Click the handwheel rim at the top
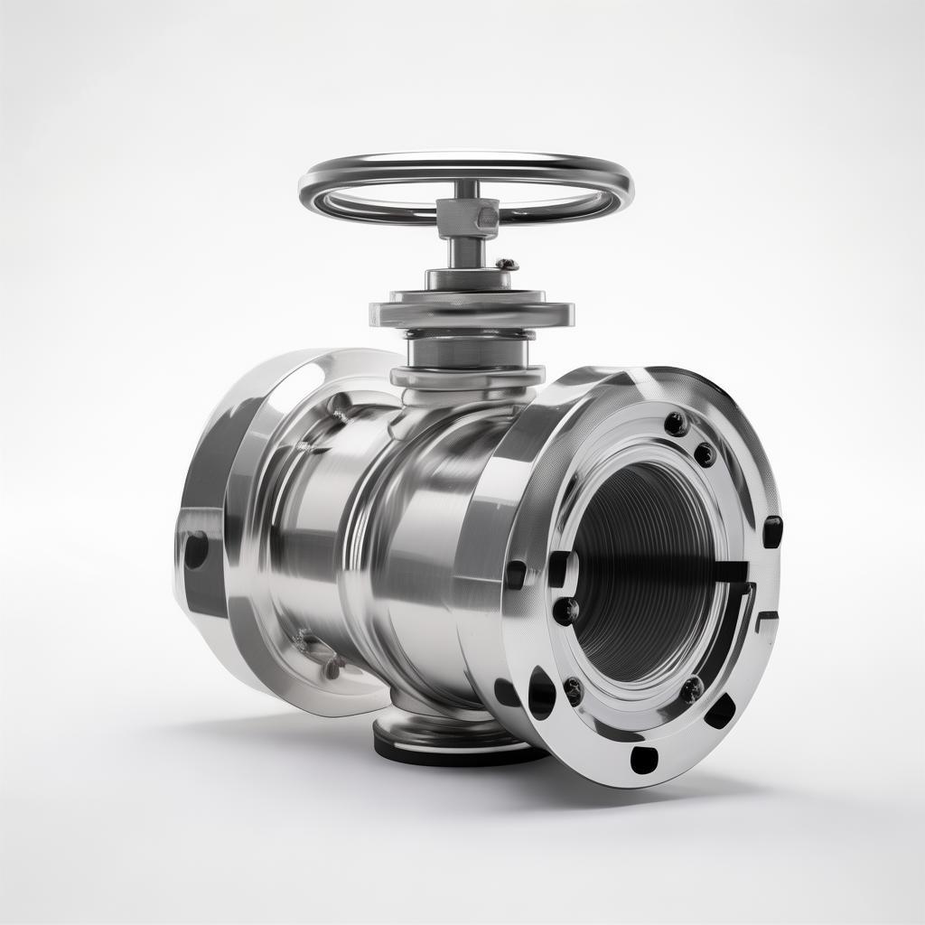pos(465,164)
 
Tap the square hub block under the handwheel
pos(468,218)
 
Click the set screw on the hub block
pos(487,217)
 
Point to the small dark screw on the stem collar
pos(506,265)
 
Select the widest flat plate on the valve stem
pos(471,313)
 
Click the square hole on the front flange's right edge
pos(772,531)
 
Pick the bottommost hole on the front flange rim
pos(644,761)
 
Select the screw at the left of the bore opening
pos(565,611)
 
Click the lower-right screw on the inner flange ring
pos(691,691)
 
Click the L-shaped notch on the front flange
pos(763,623)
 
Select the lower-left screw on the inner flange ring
pos(573,692)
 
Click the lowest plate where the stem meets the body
pos(468,376)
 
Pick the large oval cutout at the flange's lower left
pos(541,693)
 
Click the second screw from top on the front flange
pos(705,454)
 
